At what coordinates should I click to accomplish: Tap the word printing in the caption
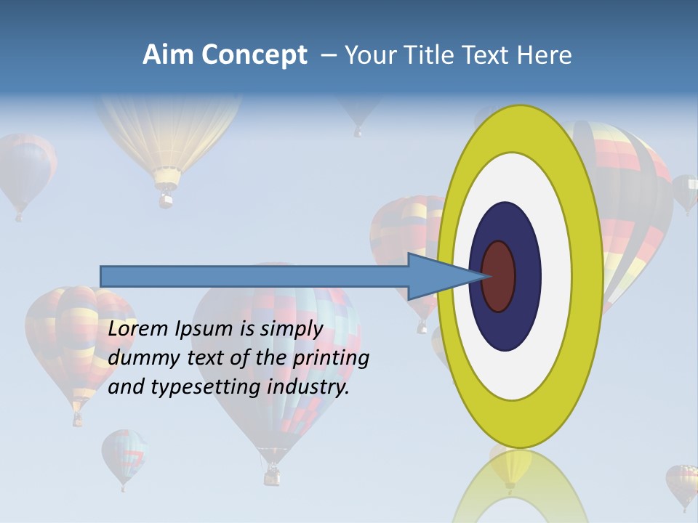pyautogui.click(x=330, y=358)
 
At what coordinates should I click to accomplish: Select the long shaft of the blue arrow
pyautogui.click(x=254, y=276)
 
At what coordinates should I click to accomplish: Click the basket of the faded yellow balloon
pyautogui.click(x=167, y=198)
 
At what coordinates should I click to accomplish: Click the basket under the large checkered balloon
pyautogui.click(x=272, y=476)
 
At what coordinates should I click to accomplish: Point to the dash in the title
pyautogui.click(x=329, y=55)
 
